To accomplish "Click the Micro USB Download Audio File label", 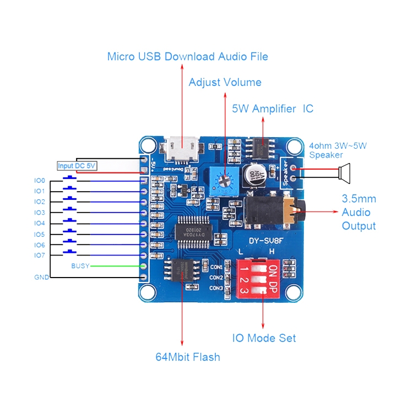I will coord(187,56).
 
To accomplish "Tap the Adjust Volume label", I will coord(225,83).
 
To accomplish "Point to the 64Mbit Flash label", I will coord(187,357).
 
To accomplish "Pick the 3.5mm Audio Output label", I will coord(358,212).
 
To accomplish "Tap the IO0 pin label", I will coord(39,180).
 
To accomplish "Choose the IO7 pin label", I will coord(39,256).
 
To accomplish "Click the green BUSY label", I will coord(80,266).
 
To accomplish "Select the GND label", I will coord(41,277).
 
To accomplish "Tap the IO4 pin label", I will coord(39,223).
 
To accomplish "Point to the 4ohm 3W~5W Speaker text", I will coord(337,150).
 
